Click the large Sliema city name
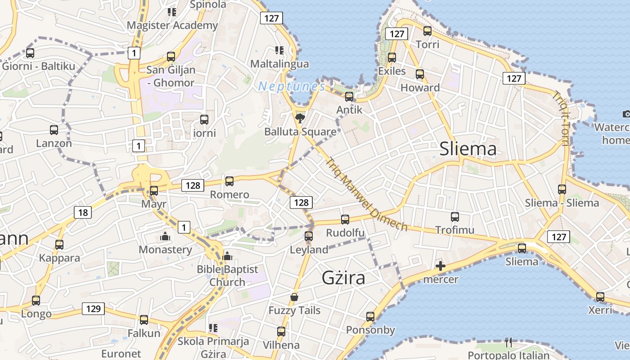(468, 148)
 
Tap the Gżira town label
(343, 278)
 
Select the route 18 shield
(83, 212)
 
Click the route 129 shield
(93, 309)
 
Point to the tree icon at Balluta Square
(299, 118)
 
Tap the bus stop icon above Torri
(427, 31)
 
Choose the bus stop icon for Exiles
(392, 58)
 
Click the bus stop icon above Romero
(229, 181)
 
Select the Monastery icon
(165, 237)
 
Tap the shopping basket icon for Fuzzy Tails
(294, 297)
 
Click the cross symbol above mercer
(441, 266)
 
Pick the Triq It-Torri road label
(561, 118)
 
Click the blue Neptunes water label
(291, 86)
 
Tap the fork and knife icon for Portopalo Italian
(508, 342)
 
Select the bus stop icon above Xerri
(600, 297)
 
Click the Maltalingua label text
(279, 64)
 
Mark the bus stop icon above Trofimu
(455, 217)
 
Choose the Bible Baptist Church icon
(227, 256)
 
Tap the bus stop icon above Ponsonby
(370, 317)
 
